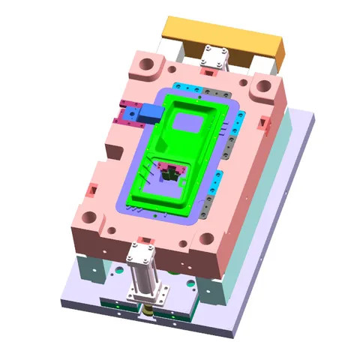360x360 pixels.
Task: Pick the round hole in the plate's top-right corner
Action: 262,88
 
